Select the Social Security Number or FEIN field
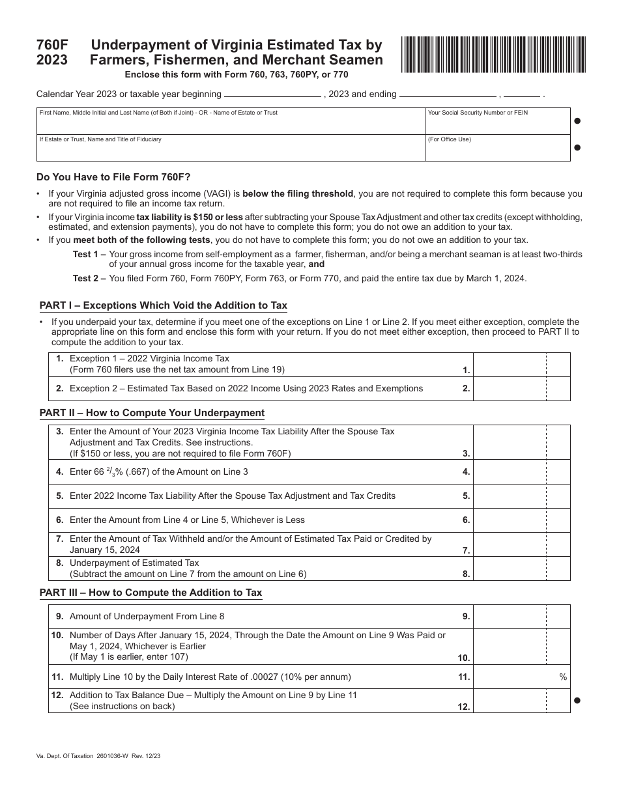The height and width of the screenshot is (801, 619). pyautogui.click(x=497, y=121)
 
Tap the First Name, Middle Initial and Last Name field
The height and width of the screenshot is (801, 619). pyautogui.click(x=230, y=121)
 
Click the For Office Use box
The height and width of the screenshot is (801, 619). pyautogui.click(x=497, y=148)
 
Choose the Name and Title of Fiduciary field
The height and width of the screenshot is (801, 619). pyautogui.click(x=230, y=148)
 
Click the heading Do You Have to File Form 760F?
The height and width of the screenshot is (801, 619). pyautogui.click(x=113, y=176)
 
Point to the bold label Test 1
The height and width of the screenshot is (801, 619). pyautogui.click(x=89, y=254)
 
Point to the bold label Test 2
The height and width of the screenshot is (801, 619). pyautogui.click(x=89, y=278)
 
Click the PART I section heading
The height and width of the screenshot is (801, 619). pyautogui.click(x=163, y=305)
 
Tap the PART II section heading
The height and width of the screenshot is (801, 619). pyautogui.click(x=152, y=413)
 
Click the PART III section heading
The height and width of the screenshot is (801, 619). pyautogui.click(x=151, y=593)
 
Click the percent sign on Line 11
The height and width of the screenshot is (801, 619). pyautogui.click(x=563, y=677)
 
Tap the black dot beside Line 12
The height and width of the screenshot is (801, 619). pyautogui.click(x=577, y=701)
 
